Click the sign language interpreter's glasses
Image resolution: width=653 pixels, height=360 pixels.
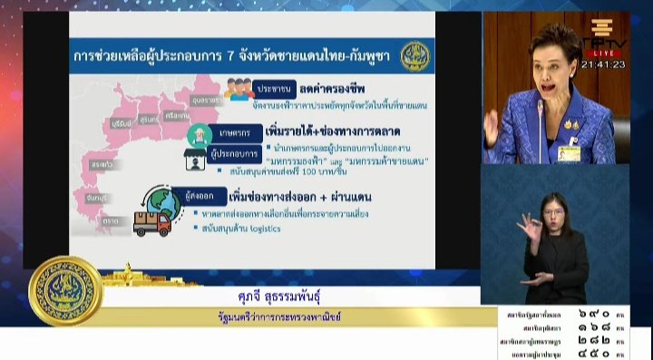[x=554, y=211]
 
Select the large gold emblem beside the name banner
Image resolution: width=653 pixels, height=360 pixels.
[x=65, y=290]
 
